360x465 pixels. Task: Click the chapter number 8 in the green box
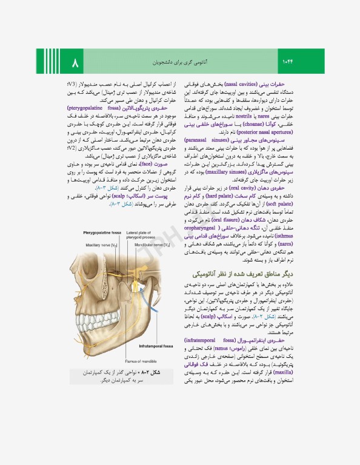coord(75,62)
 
